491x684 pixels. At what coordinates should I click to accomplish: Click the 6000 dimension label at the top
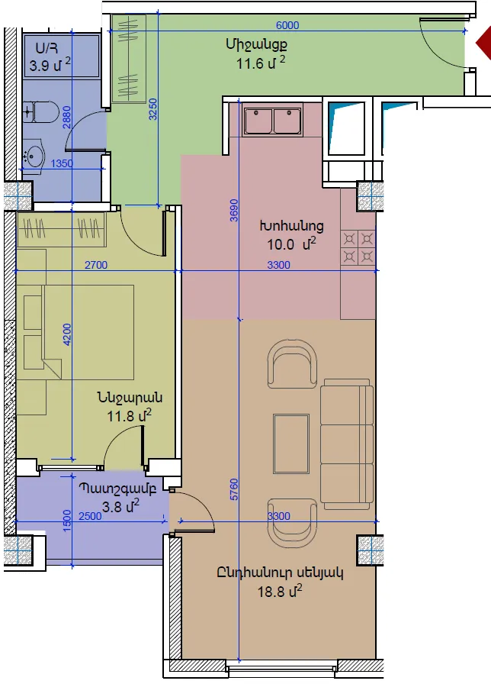[287, 25]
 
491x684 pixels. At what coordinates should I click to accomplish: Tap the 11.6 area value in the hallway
[249, 63]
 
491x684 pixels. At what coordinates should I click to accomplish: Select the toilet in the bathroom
[40, 112]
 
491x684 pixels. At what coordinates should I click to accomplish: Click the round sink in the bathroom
[33, 154]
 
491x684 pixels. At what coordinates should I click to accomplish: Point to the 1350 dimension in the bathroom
[62, 163]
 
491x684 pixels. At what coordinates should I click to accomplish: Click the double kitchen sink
[272, 120]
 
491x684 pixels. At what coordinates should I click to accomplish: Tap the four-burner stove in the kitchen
[358, 247]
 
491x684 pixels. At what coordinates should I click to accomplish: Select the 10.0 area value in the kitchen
[281, 245]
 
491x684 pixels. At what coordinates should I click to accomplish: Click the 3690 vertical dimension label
[234, 210]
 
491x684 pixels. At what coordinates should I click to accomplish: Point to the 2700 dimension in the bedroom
[96, 265]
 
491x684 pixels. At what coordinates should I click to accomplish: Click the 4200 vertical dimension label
[67, 334]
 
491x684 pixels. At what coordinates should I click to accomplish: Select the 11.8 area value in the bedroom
[120, 416]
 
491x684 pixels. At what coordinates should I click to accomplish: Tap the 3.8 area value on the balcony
[111, 507]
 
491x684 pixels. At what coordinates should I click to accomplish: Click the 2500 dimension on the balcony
[90, 516]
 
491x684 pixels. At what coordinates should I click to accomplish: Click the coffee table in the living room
[291, 444]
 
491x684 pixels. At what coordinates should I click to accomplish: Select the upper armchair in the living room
[292, 364]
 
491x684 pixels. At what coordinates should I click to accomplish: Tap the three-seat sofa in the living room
[347, 444]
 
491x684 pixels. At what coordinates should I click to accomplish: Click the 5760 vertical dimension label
[234, 489]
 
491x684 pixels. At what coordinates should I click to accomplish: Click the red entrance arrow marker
[483, 42]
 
